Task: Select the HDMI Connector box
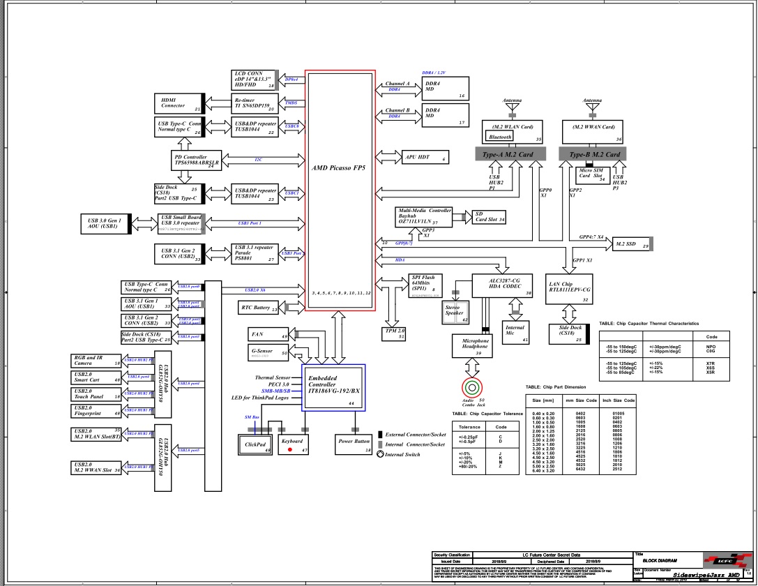click(x=178, y=103)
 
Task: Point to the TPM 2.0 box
click(x=395, y=333)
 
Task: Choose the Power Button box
click(x=354, y=442)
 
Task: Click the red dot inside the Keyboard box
click(x=290, y=450)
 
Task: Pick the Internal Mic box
click(x=515, y=331)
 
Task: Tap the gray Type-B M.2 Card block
click(x=594, y=155)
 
